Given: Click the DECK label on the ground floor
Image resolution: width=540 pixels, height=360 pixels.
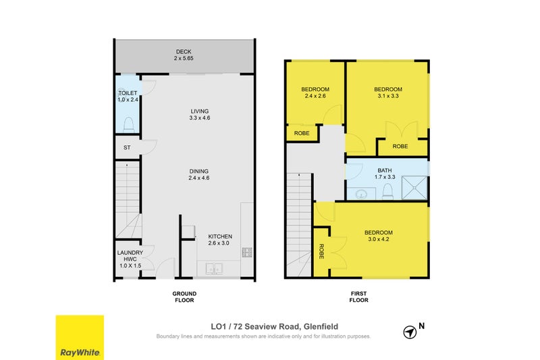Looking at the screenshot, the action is [x=184, y=52].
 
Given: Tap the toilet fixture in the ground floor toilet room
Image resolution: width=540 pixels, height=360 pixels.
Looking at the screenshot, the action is [x=128, y=124].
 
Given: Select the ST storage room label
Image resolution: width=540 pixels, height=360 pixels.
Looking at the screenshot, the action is [x=127, y=147].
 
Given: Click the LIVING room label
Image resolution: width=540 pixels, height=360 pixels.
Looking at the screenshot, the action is [x=200, y=111].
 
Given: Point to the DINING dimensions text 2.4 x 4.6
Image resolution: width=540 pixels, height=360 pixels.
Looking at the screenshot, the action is [x=199, y=178].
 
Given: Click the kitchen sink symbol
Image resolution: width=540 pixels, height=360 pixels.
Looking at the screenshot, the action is [x=214, y=269].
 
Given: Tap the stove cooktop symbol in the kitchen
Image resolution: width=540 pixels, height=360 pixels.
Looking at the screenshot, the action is [x=247, y=252].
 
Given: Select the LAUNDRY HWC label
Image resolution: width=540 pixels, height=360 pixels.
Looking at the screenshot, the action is [x=130, y=255].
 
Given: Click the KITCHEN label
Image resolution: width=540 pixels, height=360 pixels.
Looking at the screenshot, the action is [x=220, y=236].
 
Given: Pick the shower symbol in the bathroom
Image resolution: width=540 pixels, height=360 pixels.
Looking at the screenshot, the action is [x=414, y=188].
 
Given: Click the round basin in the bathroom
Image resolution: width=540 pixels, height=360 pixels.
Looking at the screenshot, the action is [x=361, y=195].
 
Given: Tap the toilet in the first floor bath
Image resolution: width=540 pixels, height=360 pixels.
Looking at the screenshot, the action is [x=387, y=192].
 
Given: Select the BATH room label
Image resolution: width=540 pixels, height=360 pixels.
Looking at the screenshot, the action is [x=384, y=170].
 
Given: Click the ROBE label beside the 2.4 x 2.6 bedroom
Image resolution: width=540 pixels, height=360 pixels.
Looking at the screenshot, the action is [x=302, y=133].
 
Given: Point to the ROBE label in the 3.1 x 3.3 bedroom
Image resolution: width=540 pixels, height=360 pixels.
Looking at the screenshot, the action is [x=400, y=146].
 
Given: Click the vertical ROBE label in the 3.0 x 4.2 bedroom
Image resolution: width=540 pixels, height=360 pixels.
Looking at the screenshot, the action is [x=321, y=251].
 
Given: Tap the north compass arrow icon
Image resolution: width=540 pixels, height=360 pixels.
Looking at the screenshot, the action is [x=410, y=332].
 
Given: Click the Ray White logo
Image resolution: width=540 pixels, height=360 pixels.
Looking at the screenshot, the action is [x=80, y=338].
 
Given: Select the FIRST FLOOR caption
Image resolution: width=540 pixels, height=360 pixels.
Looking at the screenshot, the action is [x=358, y=297].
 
